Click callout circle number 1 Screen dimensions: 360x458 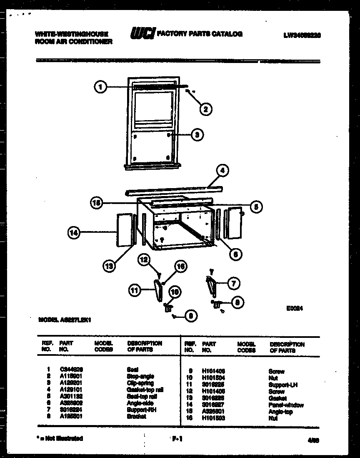coord(100,87)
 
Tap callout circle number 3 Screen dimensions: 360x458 coord(197,134)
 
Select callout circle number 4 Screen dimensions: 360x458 coord(223,170)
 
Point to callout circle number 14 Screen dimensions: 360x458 coord(73,234)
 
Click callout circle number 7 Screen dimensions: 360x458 coord(233,283)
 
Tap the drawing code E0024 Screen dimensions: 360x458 coord(294,309)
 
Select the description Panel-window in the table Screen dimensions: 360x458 coord(286,405)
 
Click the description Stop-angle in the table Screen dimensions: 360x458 coord(140,376)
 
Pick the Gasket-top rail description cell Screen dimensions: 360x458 coord(145,390)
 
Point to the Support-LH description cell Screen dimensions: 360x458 coord(283,385)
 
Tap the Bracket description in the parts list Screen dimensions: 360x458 coord(136,416)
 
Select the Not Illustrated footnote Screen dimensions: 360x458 coord(60,438)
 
